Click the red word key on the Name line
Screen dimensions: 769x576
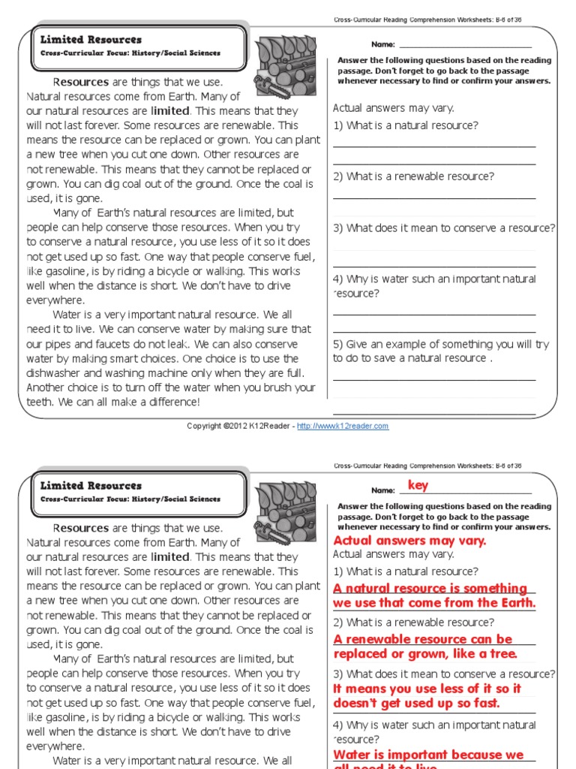[x=418, y=485]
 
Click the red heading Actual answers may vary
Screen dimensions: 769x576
[x=409, y=541]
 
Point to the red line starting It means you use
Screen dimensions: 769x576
[x=427, y=689]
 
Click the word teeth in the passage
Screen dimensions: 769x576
[x=39, y=402]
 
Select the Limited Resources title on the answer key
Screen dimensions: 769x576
[x=91, y=486]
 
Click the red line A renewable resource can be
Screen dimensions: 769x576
[x=423, y=639]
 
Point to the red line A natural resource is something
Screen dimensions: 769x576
[x=430, y=588]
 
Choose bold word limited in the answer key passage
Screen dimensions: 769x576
[x=169, y=556]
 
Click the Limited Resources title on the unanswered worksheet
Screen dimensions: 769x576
[x=91, y=40]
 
